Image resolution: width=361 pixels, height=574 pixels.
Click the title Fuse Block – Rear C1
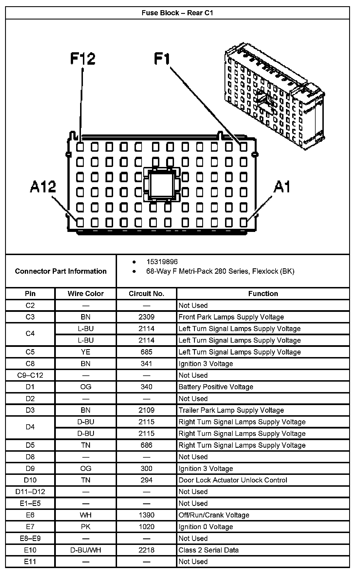[x=177, y=13]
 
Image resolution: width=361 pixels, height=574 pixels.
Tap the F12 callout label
[x=83, y=59]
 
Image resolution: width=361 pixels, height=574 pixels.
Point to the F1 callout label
[x=162, y=59]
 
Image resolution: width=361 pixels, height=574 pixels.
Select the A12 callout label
[x=43, y=187]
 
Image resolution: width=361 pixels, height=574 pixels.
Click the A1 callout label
[x=282, y=187]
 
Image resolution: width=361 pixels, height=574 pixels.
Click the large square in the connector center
[x=162, y=185]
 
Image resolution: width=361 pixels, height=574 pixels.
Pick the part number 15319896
[x=162, y=262]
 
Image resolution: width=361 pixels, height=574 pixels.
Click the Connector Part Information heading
[x=61, y=271]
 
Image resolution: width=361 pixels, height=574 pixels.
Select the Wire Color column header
[x=85, y=294]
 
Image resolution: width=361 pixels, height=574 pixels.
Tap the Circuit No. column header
[x=146, y=294]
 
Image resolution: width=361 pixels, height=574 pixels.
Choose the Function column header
[x=263, y=294]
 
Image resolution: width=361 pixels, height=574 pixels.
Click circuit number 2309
[x=146, y=317]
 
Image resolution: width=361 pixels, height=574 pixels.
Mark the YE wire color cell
[x=85, y=352]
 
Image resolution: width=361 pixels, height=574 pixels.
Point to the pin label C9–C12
[x=30, y=375]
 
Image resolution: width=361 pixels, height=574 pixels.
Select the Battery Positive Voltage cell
[x=216, y=387]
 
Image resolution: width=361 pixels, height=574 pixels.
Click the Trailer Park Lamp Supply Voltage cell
[x=231, y=410]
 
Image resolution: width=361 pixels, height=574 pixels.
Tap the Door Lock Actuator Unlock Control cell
[x=233, y=480]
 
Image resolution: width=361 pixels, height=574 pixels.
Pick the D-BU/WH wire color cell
[x=85, y=550]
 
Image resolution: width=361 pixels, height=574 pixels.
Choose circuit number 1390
[x=146, y=515]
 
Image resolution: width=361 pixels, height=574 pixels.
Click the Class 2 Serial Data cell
[x=208, y=550]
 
